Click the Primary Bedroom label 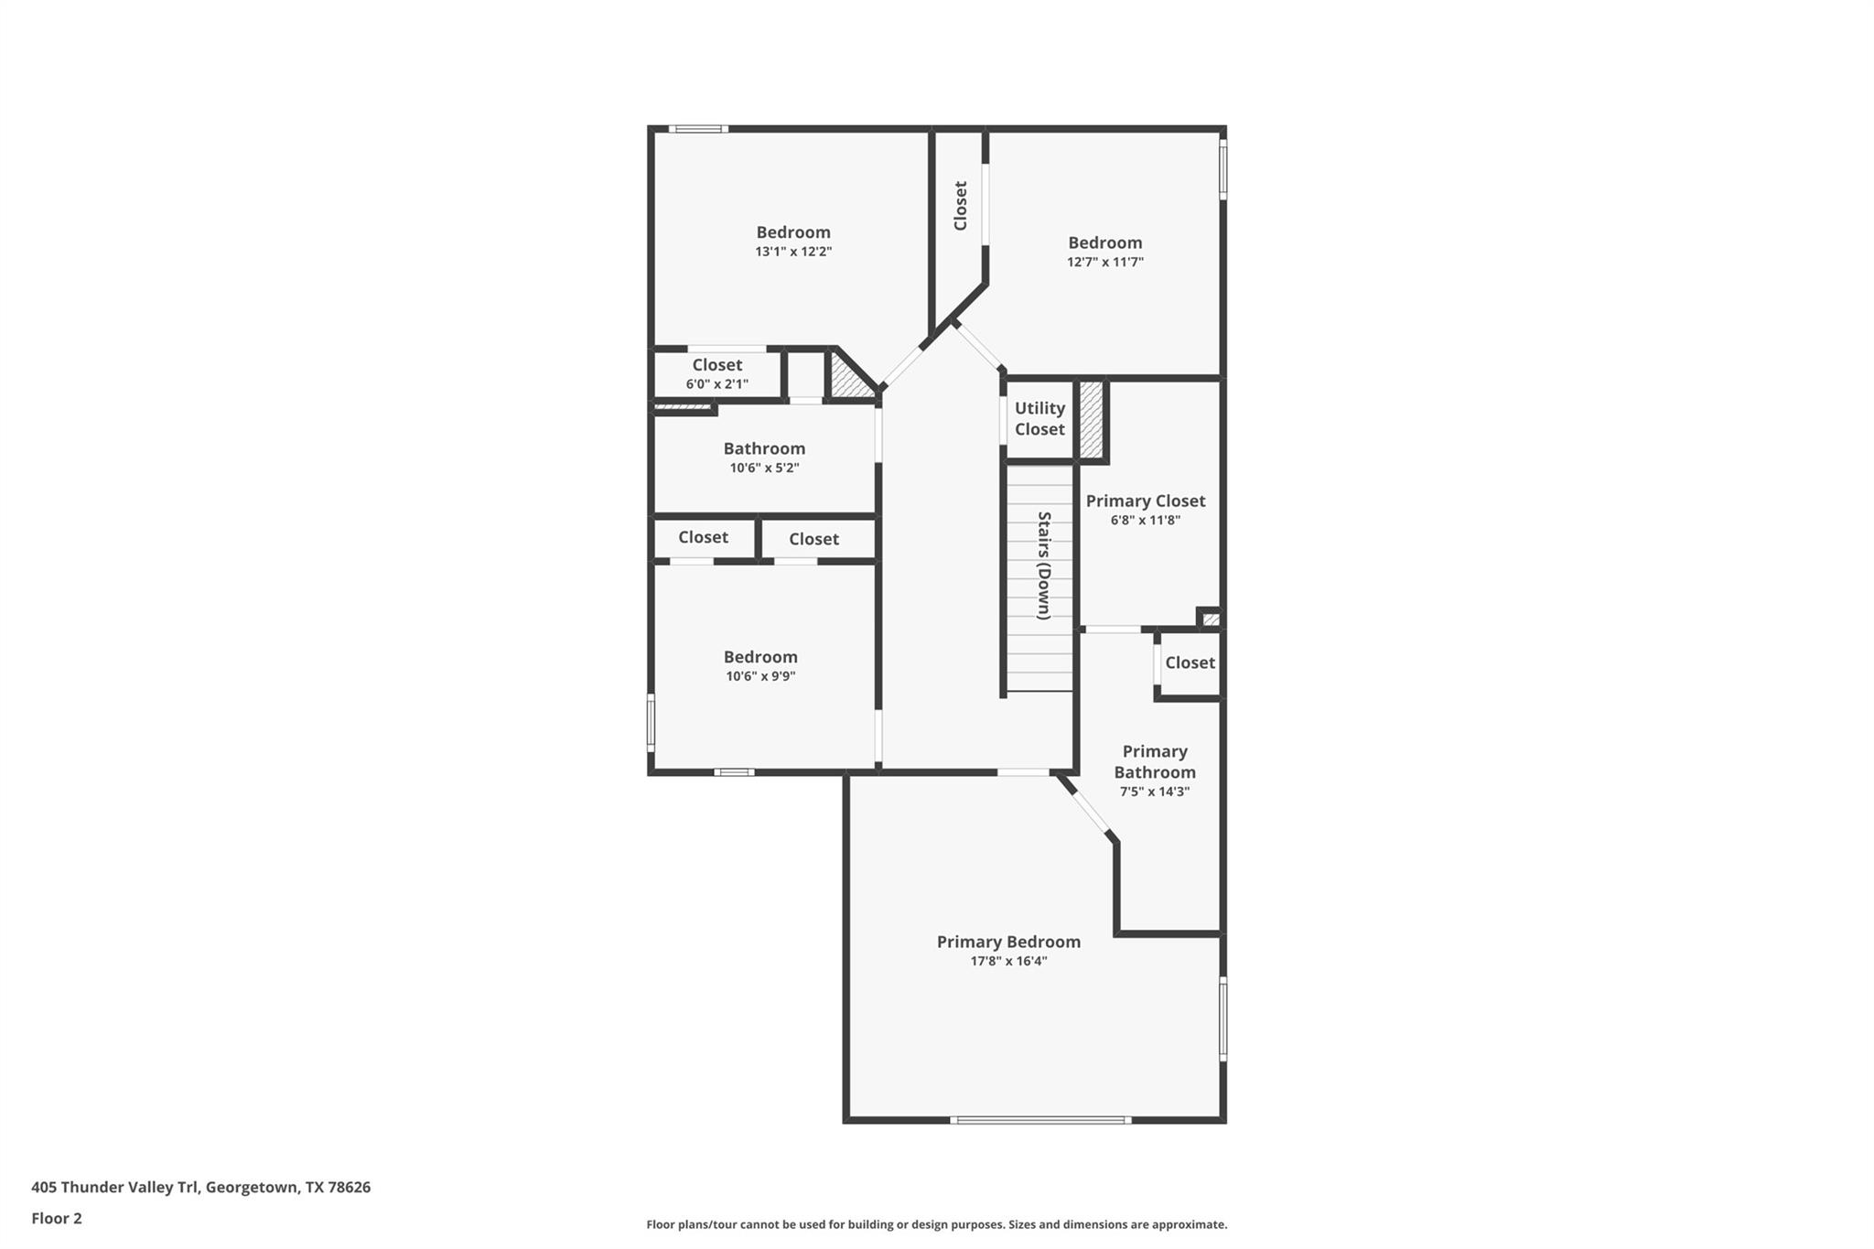click(x=1008, y=942)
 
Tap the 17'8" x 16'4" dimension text click(x=1008, y=961)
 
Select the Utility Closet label click(x=1039, y=418)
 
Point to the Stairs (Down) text click(x=1043, y=565)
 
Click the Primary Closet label click(x=1146, y=501)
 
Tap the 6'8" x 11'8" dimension click(x=1146, y=520)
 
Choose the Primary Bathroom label click(x=1155, y=761)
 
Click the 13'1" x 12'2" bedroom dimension click(x=793, y=252)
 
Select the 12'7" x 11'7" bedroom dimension click(x=1105, y=262)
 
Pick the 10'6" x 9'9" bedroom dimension click(x=760, y=676)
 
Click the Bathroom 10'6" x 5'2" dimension click(x=764, y=468)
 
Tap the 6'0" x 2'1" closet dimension click(x=717, y=384)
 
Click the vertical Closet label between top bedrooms click(x=960, y=206)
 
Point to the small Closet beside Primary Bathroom click(x=1190, y=662)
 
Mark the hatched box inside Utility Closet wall click(x=1091, y=419)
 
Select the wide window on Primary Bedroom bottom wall click(x=1040, y=1120)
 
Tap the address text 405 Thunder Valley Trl click(x=200, y=1187)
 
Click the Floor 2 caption click(x=57, y=1218)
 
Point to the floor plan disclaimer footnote click(x=936, y=1224)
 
